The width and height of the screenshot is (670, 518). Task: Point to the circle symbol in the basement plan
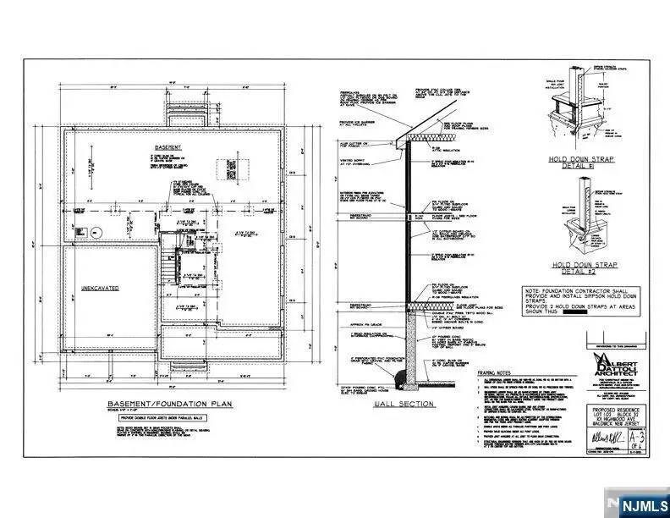click(95, 232)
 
